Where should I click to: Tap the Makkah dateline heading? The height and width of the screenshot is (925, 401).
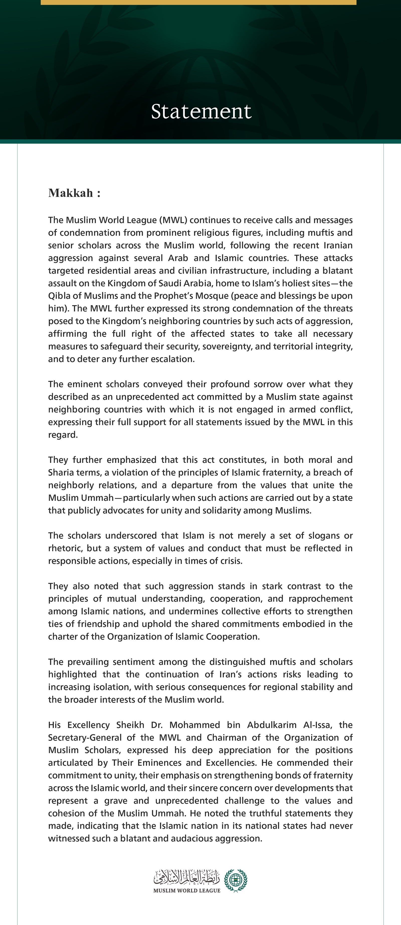74,193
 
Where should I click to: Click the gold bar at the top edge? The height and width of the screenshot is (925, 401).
198,2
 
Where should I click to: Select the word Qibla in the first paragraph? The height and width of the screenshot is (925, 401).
59,296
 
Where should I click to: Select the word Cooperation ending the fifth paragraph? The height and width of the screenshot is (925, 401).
234,637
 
